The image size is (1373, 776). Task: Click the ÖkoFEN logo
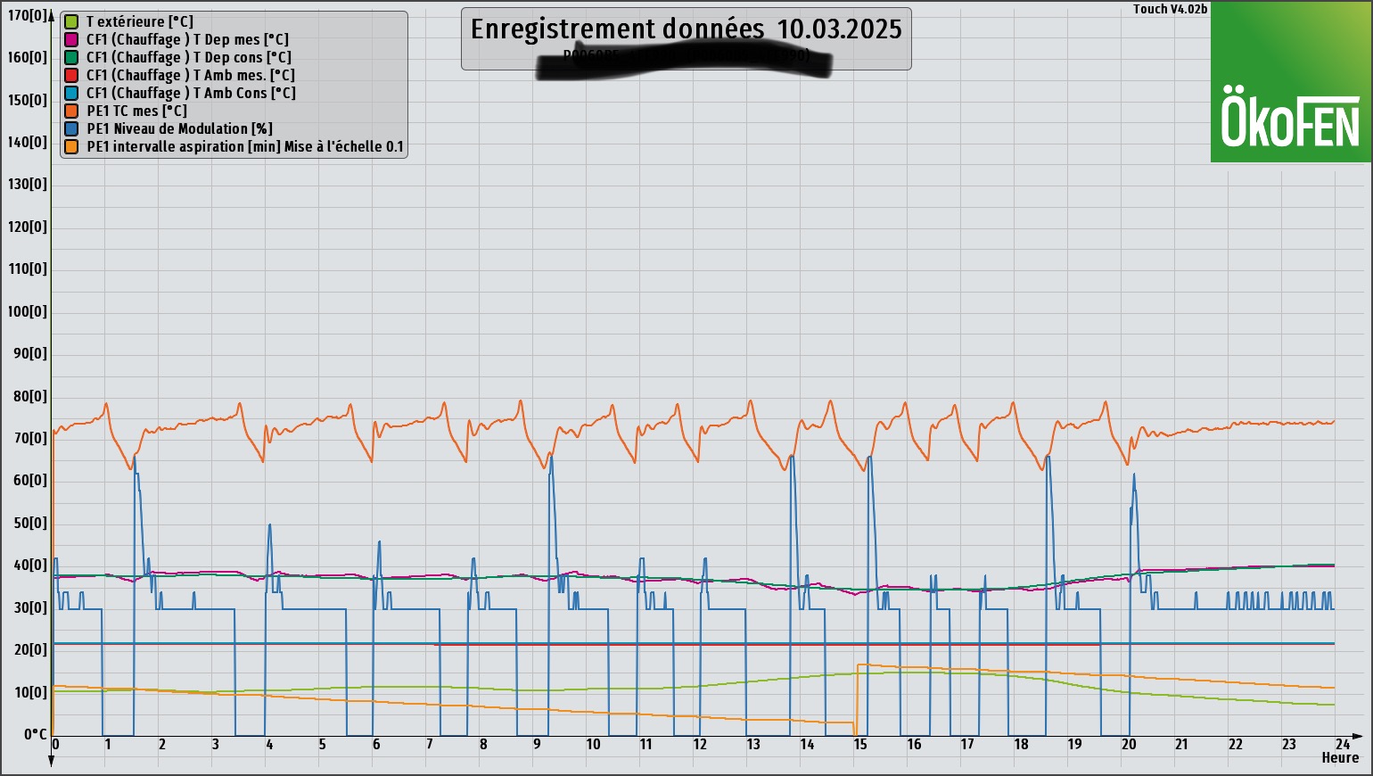click(x=1290, y=116)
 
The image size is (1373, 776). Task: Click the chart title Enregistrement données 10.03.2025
click(x=686, y=29)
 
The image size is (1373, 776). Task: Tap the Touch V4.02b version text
click(x=1170, y=9)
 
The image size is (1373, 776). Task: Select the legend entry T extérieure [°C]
click(x=139, y=21)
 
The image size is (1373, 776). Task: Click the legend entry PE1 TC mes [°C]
click(x=136, y=111)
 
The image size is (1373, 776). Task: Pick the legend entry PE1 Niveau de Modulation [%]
click(x=179, y=128)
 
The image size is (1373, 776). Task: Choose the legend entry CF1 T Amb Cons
click(x=191, y=93)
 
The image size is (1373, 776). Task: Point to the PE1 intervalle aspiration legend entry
click(x=244, y=146)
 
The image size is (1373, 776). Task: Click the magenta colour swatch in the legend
click(x=71, y=39)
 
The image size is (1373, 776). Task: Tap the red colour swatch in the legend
click(x=71, y=75)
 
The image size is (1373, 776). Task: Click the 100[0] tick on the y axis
click(x=28, y=311)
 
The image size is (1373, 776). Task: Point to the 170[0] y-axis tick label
click(x=28, y=15)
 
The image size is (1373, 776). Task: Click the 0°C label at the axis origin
click(x=35, y=734)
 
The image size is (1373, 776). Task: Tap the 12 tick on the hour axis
click(x=700, y=744)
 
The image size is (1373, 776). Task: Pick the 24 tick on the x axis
click(x=1342, y=744)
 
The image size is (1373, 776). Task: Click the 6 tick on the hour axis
click(x=376, y=744)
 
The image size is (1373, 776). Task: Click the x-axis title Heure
click(x=1340, y=758)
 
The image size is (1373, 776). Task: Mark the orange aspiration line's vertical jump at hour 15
click(x=857, y=696)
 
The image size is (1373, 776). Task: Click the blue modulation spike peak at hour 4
click(x=269, y=525)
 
